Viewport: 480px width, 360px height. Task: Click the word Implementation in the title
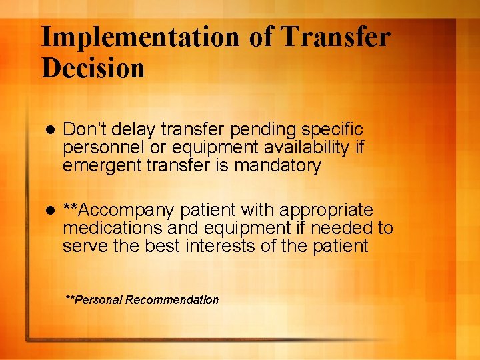[x=140, y=37]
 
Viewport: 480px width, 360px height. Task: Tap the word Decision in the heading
[x=93, y=68]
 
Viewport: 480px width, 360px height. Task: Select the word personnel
[x=99, y=147]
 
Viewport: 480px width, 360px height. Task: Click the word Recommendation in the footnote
[x=172, y=300]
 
